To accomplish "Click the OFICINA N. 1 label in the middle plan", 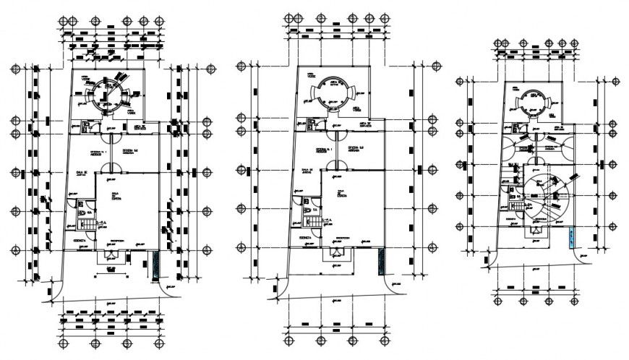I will [x=322, y=150].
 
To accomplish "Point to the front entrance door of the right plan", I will [x=536, y=231].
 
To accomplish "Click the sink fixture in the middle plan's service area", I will [x=311, y=127].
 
